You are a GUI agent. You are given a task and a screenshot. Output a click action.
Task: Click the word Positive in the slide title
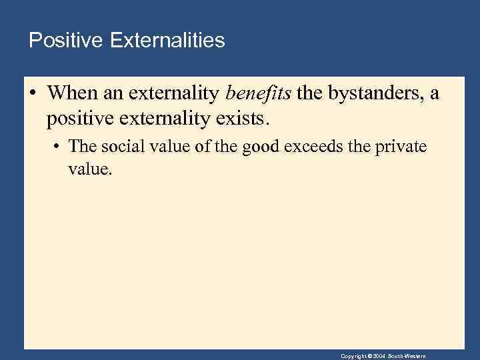pyautogui.click(x=61, y=41)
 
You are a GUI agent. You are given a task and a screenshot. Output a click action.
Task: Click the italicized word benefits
pyautogui.click(x=259, y=94)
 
